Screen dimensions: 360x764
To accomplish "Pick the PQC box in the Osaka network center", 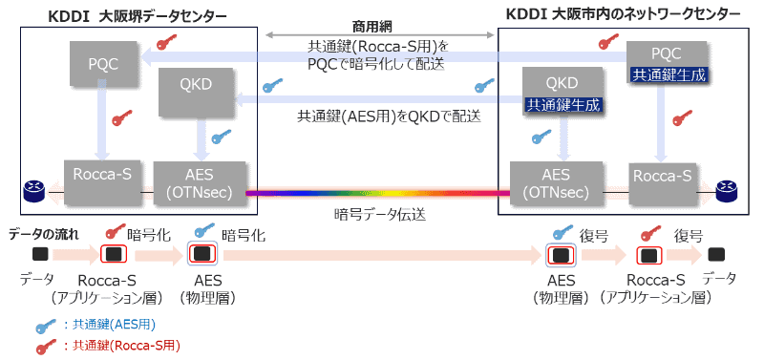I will tap(668, 54).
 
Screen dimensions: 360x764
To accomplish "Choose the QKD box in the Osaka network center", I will tap(562, 84).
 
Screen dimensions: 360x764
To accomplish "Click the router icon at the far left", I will tap(32, 194).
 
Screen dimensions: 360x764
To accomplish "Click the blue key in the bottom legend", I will tap(43, 325).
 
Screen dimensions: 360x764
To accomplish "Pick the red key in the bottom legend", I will tap(43, 344).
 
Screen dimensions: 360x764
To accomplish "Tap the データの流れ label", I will tap(44, 233).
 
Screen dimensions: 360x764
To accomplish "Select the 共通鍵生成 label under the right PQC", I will tap(668, 74).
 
